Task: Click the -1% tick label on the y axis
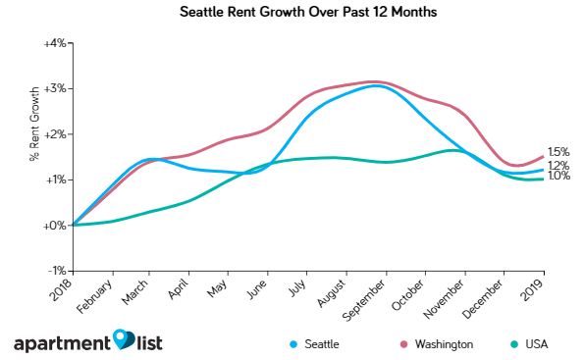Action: [56, 271]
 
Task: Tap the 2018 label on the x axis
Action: [67, 289]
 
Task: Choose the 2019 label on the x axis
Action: [538, 289]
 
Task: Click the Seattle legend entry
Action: [320, 344]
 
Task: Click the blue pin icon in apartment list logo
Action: [123, 339]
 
